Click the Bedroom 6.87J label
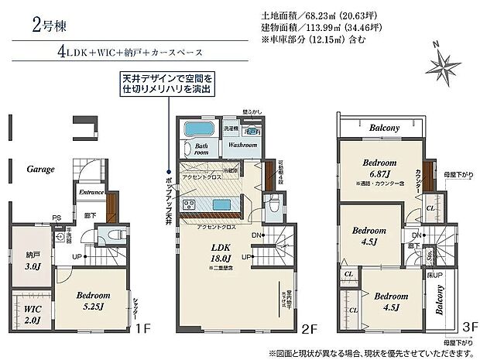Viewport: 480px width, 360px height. click(x=379, y=168)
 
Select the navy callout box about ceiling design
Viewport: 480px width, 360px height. click(x=166, y=84)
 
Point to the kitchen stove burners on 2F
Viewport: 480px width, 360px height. click(x=189, y=205)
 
